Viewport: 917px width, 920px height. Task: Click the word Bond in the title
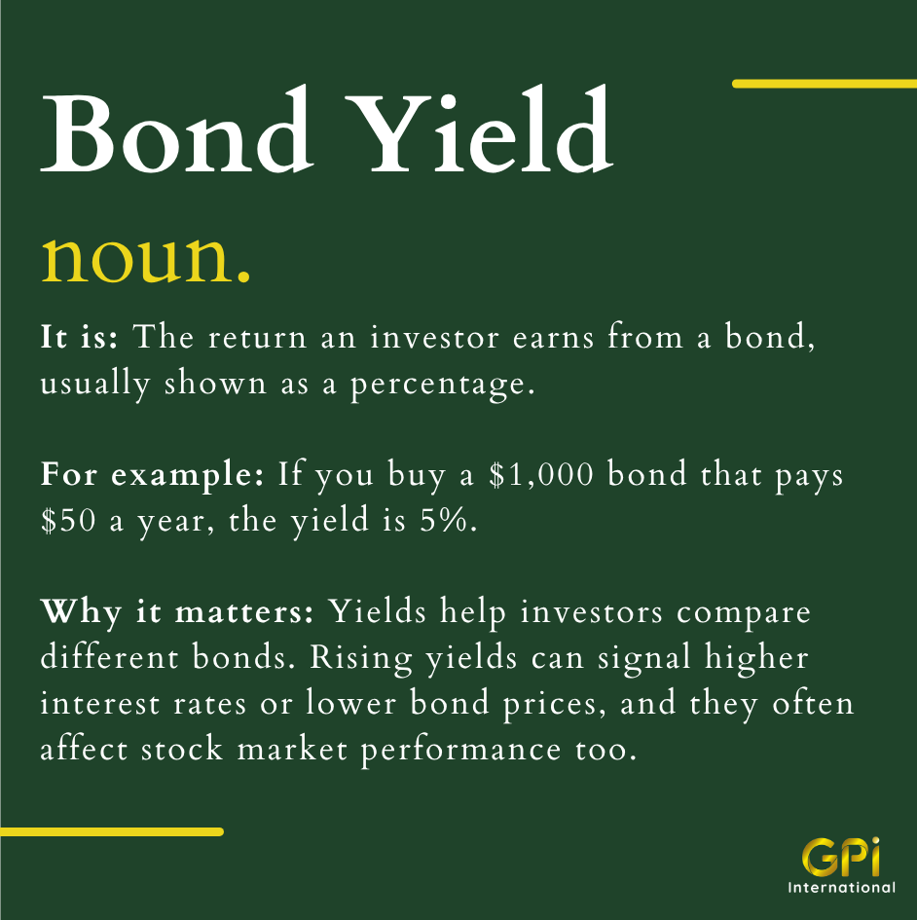175,129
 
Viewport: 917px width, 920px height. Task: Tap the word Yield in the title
479,129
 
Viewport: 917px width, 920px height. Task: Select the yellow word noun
145,259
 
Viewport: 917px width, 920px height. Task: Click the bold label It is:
80,338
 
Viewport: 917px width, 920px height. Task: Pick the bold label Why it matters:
177,612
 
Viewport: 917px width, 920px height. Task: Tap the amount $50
68,521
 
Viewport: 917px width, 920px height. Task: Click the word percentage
443,386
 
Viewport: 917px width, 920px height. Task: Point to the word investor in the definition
435,338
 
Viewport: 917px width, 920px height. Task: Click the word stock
182,750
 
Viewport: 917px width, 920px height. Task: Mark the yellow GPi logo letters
841,858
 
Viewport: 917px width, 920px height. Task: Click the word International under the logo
841,887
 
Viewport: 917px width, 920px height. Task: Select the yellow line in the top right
825,84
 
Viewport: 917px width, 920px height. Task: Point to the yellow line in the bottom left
112,831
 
